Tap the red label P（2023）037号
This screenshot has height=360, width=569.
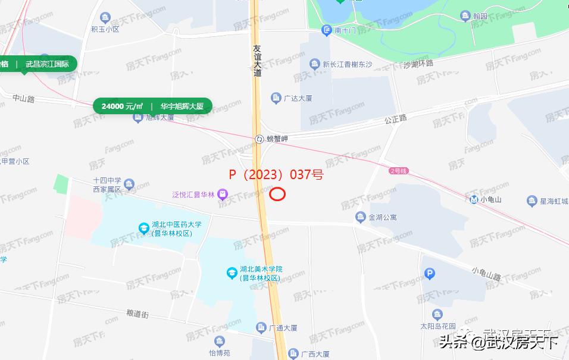pos(276,175)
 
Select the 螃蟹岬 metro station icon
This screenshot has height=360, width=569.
pos(260,139)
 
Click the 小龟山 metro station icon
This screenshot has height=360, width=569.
pos(474,199)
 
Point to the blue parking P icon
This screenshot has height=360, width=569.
pos(430,274)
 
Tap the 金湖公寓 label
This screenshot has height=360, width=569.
pos(383,217)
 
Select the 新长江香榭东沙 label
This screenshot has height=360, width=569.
pos(348,64)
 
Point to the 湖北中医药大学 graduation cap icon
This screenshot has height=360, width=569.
pos(143,228)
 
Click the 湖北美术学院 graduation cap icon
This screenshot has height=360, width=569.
pos(232,273)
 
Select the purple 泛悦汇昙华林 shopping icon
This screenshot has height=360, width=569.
pos(222,194)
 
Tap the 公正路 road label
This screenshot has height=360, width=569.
pos(395,118)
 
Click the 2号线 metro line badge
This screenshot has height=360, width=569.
pos(398,171)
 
